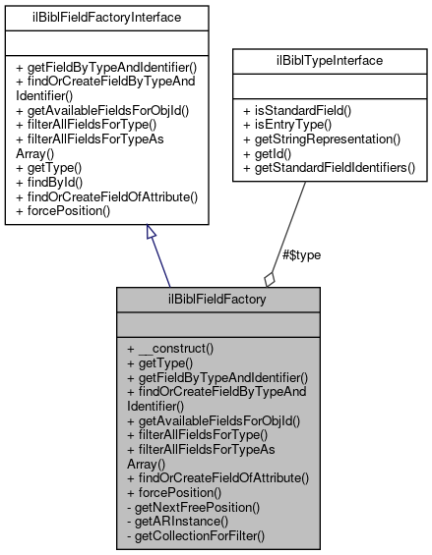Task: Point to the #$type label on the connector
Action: [301, 254]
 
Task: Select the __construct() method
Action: [176, 349]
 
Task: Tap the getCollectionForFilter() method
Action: [197, 535]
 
